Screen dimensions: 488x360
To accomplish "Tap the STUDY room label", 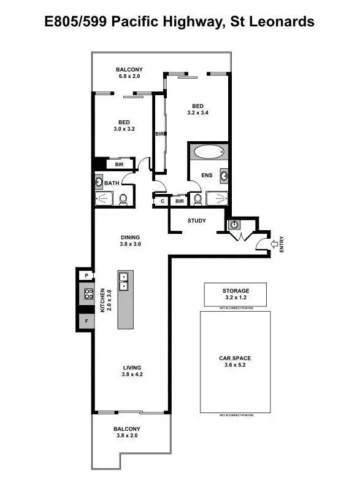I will pos(197,221).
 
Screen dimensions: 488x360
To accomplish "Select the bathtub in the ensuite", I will pos(209,152).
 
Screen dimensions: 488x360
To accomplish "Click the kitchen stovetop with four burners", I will pos(88,294).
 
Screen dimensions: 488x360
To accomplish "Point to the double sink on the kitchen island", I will pos(124,281).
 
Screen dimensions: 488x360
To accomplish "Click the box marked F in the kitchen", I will pos(87,320).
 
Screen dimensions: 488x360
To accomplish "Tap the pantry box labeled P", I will pos(86,276).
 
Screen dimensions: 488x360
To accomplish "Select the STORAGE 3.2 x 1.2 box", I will pos(236,295).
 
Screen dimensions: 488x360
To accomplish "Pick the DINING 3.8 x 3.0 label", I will pos(130,241).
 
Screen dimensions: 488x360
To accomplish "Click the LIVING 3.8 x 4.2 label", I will pos(132,371).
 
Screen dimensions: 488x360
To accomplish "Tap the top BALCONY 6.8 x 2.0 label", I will pos(129,73).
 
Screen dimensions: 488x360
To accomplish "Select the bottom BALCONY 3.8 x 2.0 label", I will pos(127,432).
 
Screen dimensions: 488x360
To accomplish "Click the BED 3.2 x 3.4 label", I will pos(197,109).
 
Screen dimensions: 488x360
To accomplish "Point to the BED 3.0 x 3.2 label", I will pos(123,126).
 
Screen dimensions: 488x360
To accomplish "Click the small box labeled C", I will pos(162,201).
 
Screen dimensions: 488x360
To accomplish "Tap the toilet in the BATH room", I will pos(123,198).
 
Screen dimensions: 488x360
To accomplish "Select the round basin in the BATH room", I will pos(99,182).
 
